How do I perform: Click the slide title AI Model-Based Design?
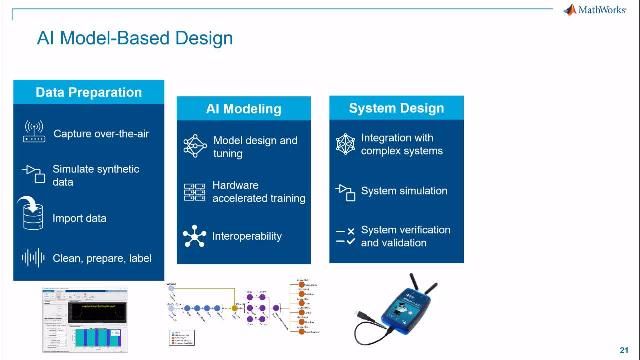coord(135,39)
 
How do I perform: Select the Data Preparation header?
coord(88,92)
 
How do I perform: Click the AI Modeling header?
coord(243,108)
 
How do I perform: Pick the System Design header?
coord(396,108)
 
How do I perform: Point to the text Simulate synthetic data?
coord(96,176)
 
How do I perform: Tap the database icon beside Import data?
coord(33,216)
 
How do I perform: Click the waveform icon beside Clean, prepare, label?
coord(33,258)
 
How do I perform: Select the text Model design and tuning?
coord(255,147)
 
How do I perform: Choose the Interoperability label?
coord(247,237)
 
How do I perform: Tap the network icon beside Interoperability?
coord(193,237)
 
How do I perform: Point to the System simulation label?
coord(404,190)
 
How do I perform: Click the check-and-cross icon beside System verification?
coord(345,236)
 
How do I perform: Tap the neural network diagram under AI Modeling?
coord(242,311)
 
